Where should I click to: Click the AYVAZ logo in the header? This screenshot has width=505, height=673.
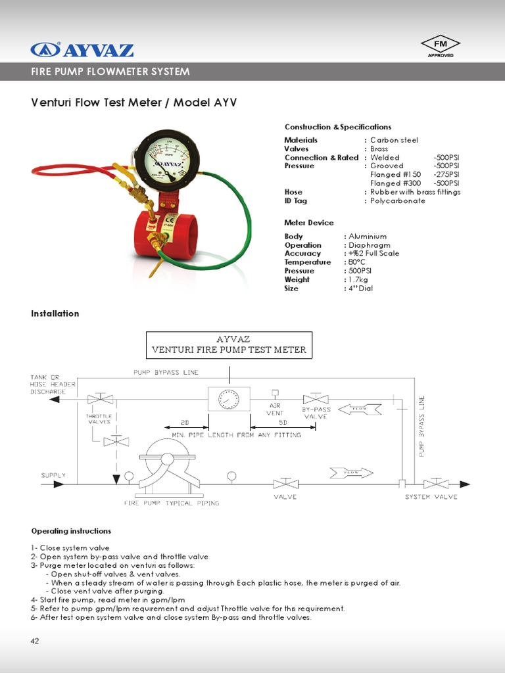(x=82, y=50)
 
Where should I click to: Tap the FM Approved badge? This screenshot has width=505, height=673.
(x=440, y=47)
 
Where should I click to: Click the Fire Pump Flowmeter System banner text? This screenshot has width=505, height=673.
(x=110, y=72)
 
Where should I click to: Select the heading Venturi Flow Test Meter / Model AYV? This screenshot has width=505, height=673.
(x=134, y=103)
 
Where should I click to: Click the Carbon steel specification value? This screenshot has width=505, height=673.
(x=394, y=140)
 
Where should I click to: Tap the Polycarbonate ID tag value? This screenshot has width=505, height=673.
(x=398, y=201)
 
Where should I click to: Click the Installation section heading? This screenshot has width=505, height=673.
(x=55, y=313)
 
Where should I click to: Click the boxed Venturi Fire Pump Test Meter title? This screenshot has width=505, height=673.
(x=229, y=345)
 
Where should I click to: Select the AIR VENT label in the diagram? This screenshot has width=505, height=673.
(x=275, y=409)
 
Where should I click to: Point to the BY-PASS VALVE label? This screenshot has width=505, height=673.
(x=316, y=413)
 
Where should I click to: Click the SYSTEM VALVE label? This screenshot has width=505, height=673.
(x=431, y=497)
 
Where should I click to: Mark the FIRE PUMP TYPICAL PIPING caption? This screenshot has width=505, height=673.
(x=172, y=503)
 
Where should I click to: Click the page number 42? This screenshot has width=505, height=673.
(x=36, y=641)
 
